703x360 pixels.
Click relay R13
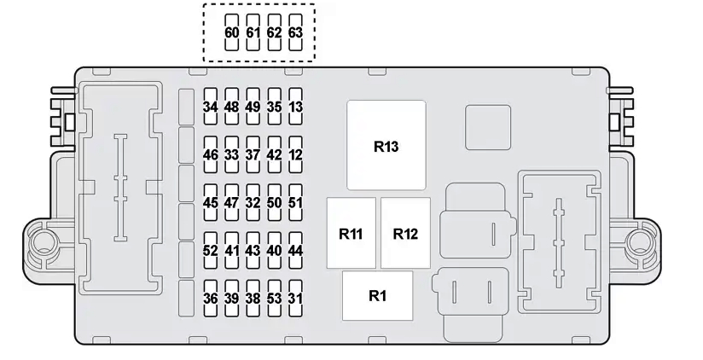pos(386,145)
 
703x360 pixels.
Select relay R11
pos(351,234)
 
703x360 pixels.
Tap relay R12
pos(405,234)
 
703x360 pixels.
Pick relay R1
pos(377,296)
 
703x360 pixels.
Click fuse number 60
pos(232,32)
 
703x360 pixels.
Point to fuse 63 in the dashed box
pos(295,32)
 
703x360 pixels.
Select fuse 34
pos(211,107)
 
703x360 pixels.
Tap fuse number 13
pos(295,107)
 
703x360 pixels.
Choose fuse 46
pos(211,155)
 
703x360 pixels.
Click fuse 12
pos(295,155)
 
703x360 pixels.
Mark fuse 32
pos(253,203)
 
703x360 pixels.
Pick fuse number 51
pos(295,203)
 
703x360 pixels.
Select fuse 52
pos(211,251)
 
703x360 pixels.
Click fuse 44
pos(295,251)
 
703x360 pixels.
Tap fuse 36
pos(211,299)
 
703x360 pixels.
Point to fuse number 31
pos(295,299)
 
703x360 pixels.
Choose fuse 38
pos(253,299)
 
